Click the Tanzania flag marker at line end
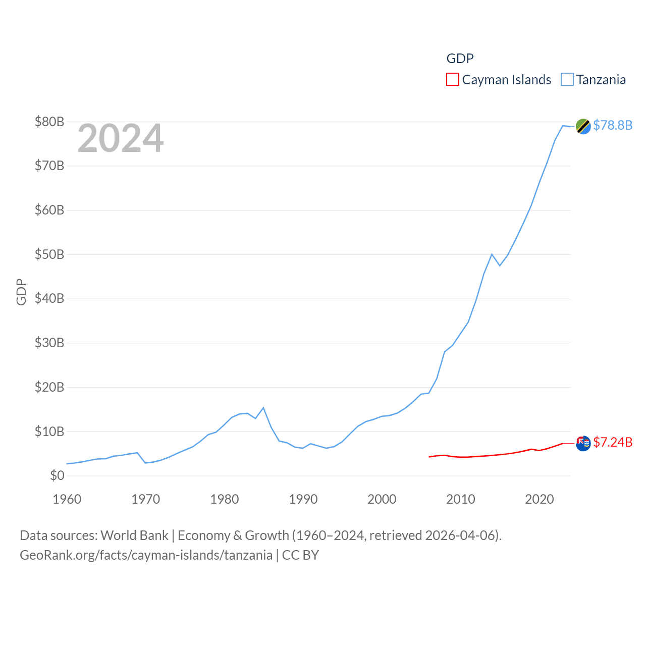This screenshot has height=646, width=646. tap(583, 126)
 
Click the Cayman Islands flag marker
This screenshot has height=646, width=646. tap(583, 443)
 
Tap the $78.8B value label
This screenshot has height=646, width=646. tap(613, 125)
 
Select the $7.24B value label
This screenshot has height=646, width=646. tap(613, 442)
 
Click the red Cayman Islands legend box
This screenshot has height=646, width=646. tap(453, 80)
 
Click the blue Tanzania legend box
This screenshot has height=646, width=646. tap(567, 80)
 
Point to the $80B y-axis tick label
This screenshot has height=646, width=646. tap(49, 122)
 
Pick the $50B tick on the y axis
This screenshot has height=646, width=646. tap(49, 254)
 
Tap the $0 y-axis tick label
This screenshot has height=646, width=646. tap(57, 475)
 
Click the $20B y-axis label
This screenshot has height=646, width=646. tap(49, 387)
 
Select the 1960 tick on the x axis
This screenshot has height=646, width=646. tap(67, 499)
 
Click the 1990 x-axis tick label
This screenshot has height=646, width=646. tap(303, 499)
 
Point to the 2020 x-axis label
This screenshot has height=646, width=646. tap(540, 499)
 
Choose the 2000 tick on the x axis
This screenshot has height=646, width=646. tap(382, 499)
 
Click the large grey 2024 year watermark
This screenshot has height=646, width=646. tap(121, 138)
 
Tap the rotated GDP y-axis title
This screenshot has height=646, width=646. tap(21, 292)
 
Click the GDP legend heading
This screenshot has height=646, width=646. tap(460, 59)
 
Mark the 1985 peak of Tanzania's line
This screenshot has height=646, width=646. tap(263, 408)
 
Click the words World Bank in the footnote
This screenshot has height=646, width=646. tap(135, 535)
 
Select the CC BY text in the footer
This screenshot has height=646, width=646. tap(300, 555)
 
